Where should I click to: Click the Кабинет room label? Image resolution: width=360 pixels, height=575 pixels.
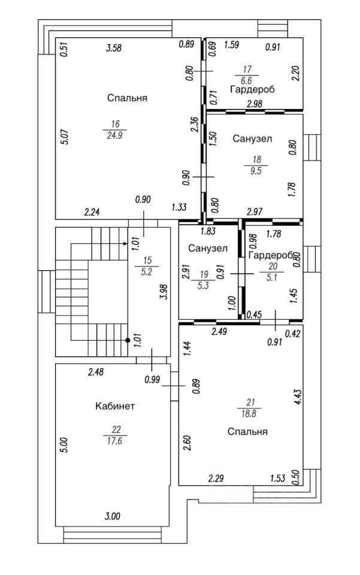coord(115,406)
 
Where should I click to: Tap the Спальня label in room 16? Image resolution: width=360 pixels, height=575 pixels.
coord(127,98)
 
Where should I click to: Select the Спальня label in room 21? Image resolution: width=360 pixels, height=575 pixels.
coord(247,431)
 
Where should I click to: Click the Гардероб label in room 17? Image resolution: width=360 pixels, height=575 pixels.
coord(252,89)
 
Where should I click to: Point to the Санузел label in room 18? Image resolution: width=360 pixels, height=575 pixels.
coord(252,138)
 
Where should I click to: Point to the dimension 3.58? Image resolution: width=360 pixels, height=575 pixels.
coord(114,49)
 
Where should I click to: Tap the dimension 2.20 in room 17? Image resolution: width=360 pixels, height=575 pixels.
coord(295,74)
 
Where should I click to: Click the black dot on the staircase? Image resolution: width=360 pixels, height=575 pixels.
coord(127,340)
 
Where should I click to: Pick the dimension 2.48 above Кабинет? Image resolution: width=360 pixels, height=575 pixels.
coord(95,373)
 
